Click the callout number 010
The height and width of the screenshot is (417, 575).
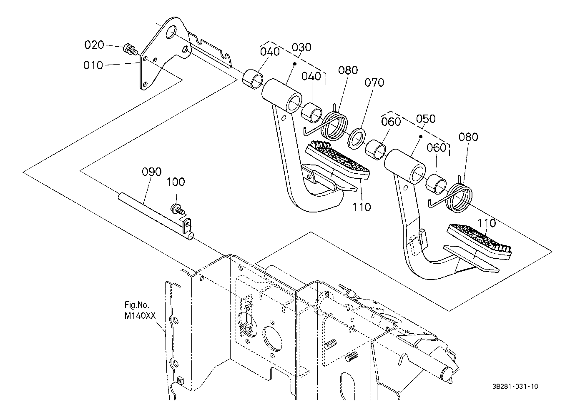93,65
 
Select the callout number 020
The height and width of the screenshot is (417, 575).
94,45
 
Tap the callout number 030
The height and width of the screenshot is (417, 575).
301,47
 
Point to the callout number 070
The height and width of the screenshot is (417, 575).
374,82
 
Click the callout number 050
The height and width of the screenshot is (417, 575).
426,119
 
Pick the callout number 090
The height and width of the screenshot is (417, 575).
152,172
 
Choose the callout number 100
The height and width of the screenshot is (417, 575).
176,182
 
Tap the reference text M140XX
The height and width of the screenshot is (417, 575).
140,315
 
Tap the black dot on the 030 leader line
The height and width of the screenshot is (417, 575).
295,63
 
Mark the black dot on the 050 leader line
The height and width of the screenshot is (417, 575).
420,137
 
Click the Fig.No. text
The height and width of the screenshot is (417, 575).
137,305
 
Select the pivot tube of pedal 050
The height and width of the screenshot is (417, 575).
404,167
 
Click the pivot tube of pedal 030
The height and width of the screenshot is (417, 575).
282,96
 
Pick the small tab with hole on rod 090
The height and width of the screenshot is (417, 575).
187,225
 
